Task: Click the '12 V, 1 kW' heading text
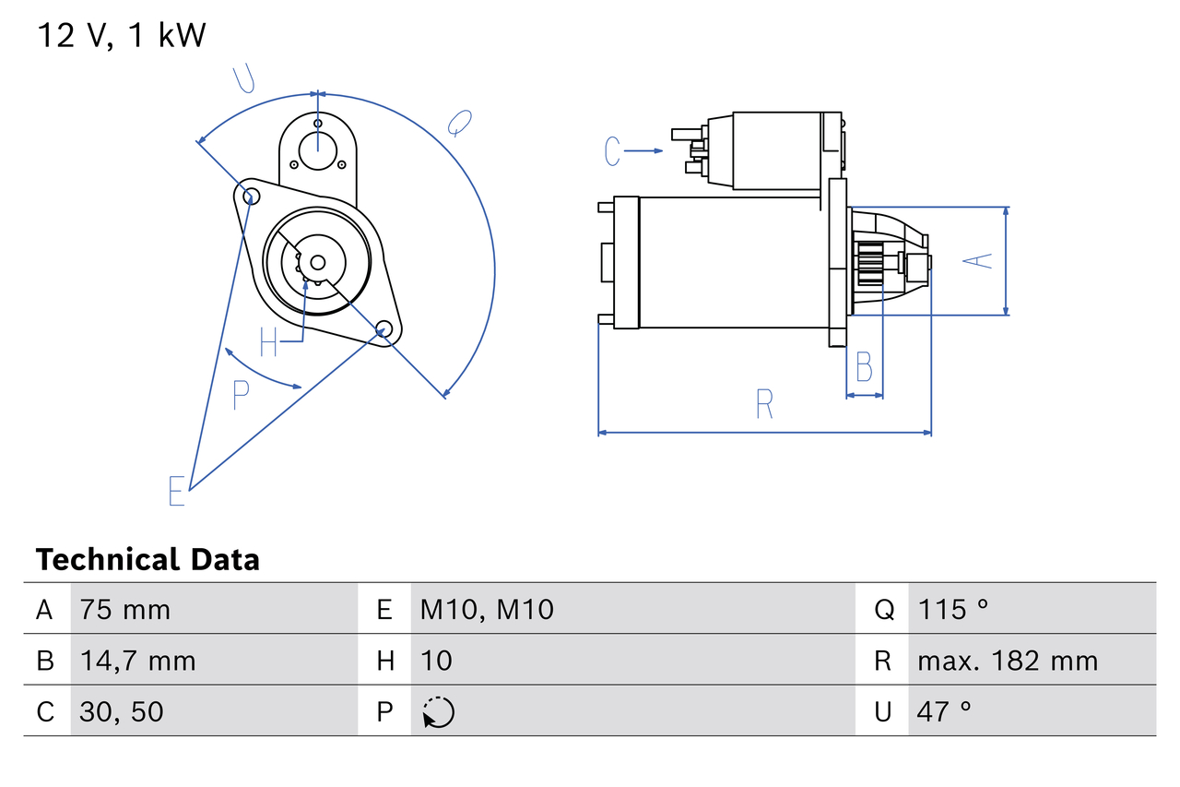coord(122,35)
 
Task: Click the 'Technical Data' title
coord(147,559)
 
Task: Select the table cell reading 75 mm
coord(124,609)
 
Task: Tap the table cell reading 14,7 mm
coord(137,661)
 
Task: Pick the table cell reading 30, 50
coord(122,711)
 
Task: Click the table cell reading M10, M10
coord(487,609)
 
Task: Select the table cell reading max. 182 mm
coord(1008,661)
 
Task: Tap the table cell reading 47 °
coord(944,711)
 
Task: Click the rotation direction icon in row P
coord(439,712)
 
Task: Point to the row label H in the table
coord(384,661)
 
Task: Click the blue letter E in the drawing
coord(177,491)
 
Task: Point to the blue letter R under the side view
coord(763,404)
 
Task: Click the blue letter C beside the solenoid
coord(613,150)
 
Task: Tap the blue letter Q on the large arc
coord(459,122)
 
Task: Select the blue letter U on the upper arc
coord(243,79)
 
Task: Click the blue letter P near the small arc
coord(241,395)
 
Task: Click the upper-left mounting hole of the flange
coord(247,194)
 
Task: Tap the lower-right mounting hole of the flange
coord(384,328)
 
